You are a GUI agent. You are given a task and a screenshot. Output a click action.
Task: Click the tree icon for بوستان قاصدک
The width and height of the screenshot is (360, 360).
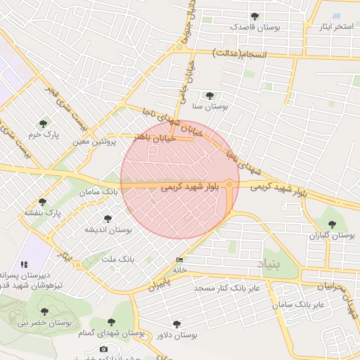(255, 16)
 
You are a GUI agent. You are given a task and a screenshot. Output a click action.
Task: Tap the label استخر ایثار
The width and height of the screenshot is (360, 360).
(333, 27)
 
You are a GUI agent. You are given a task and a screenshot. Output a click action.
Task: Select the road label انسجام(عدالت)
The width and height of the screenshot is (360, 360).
(237, 53)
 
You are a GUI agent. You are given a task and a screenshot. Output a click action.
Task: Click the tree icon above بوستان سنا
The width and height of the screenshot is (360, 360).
(209, 96)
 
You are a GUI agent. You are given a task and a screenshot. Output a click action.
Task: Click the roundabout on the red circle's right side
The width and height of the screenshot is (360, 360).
(229, 183)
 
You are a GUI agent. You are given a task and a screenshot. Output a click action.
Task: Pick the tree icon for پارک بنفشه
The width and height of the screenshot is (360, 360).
(42, 202)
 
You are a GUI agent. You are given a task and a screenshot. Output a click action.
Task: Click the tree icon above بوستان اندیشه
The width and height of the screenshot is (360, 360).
(108, 219)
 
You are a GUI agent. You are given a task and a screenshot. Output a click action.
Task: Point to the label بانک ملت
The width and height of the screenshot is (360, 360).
(117, 259)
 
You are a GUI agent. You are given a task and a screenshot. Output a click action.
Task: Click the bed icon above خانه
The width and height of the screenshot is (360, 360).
(179, 260)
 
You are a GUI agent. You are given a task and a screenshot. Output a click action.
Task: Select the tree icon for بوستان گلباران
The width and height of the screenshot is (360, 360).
(332, 225)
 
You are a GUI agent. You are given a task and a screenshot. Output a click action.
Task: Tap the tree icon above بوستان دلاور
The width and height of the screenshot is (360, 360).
(176, 325)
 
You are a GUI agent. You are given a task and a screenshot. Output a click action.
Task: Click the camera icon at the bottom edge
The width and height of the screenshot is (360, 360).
(104, 349)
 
